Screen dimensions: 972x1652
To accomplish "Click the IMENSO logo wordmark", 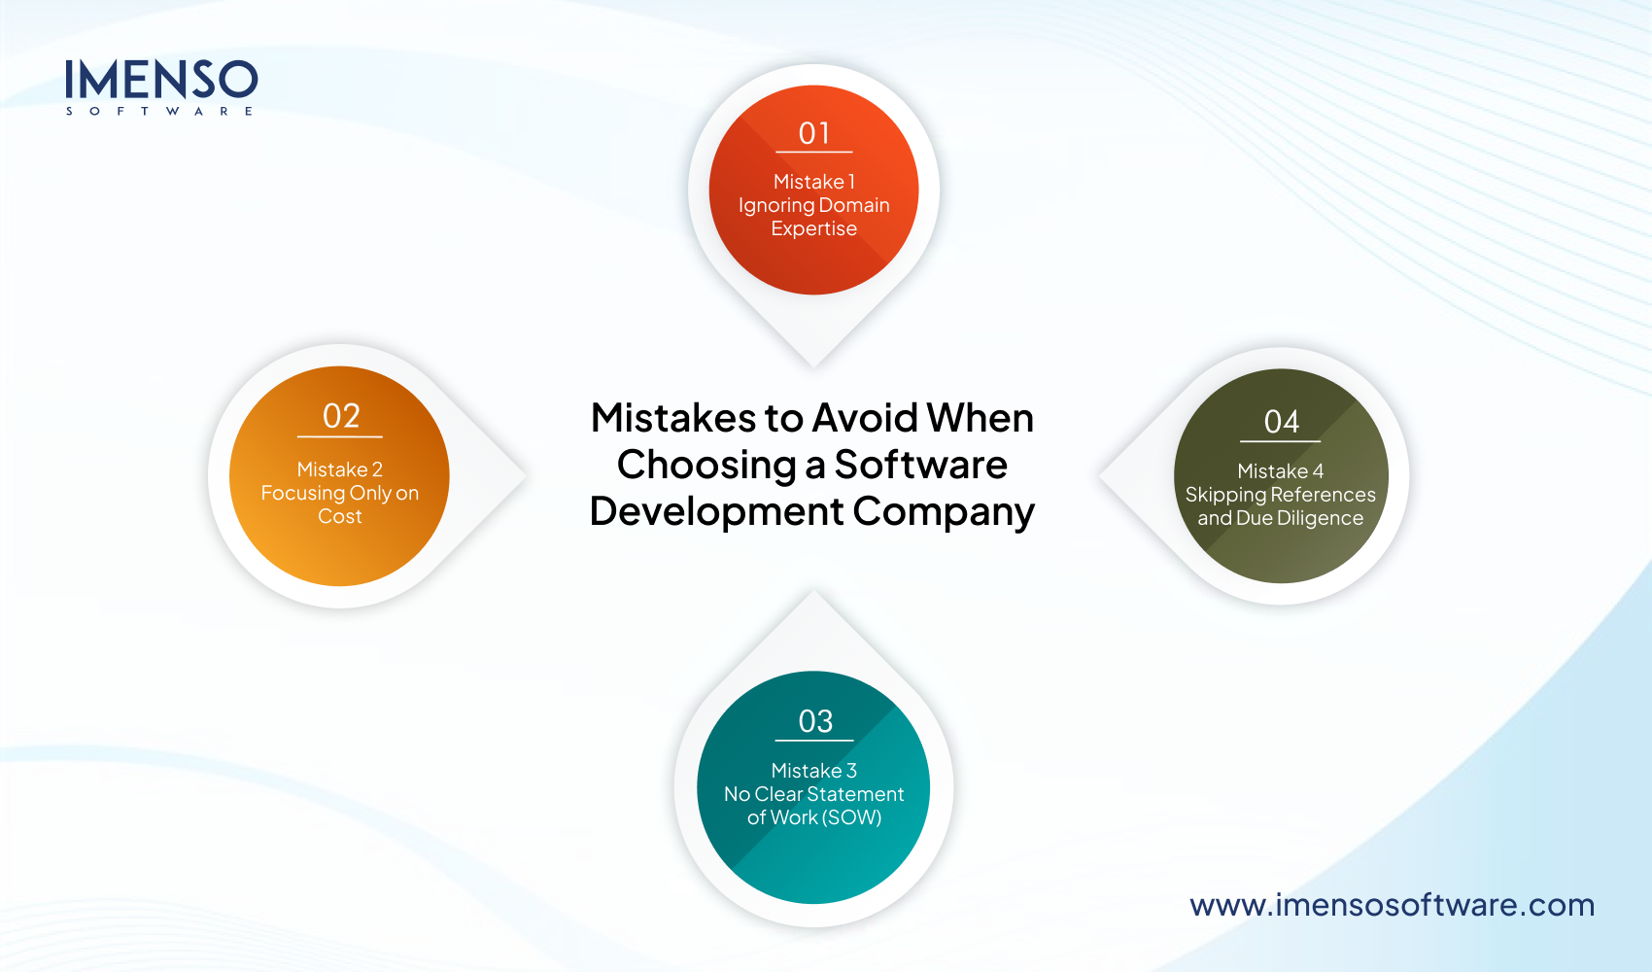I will [x=161, y=80].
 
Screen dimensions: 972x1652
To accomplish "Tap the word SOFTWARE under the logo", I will [x=160, y=112].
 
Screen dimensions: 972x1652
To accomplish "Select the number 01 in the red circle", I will [x=814, y=133].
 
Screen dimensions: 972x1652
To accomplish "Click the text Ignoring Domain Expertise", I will [x=814, y=217].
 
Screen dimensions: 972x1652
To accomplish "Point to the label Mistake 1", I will [x=814, y=182].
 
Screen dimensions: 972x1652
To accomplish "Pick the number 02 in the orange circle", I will [x=341, y=416].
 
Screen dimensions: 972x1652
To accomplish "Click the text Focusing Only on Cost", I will [x=340, y=504].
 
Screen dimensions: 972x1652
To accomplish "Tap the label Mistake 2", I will [x=340, y=469].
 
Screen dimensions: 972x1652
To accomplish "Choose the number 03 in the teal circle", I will [x=815, y=721].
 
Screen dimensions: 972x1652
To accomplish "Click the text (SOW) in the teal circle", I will [x=852, y=817].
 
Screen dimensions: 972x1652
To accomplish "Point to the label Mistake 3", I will [x=814, y=771].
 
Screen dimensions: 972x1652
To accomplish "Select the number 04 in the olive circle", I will [x=1281, y=422].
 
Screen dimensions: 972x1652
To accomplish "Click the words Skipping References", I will [x=1281, y=495].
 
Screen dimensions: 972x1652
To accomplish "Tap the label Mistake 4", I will [x=1281, y=471].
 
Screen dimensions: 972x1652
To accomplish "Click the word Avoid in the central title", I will [x=865, y=418].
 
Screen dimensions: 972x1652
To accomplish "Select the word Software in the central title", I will [x=920, y=465].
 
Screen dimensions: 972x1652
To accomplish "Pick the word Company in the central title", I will [x=944, y=512].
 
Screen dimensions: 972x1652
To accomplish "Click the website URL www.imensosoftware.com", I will [x=1392, y=905].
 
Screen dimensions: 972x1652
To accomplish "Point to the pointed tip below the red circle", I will [x=814, y=362].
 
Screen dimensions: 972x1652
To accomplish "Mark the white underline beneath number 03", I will [x=814, y=741].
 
